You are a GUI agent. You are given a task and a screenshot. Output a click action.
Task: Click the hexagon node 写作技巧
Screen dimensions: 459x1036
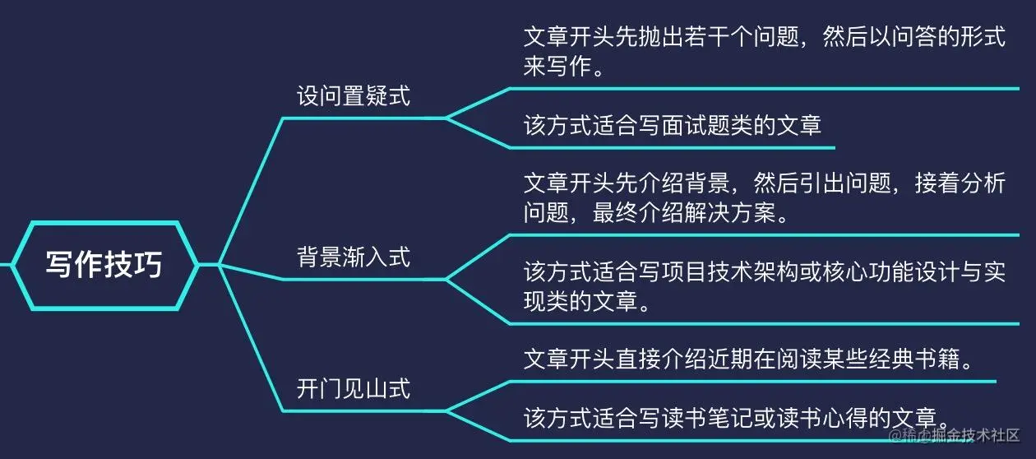point(104,265)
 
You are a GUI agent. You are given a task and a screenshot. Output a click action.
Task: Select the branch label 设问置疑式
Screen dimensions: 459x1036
point(353,96)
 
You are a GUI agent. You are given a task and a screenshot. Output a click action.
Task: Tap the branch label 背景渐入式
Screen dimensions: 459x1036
point(353,257)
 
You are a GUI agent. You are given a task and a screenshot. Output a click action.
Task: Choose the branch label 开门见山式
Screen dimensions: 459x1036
point(353,387)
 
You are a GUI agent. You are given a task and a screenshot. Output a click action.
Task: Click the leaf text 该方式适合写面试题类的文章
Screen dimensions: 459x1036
point(673,126)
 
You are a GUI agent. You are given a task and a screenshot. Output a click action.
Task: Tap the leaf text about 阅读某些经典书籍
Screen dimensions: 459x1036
point(749,360)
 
